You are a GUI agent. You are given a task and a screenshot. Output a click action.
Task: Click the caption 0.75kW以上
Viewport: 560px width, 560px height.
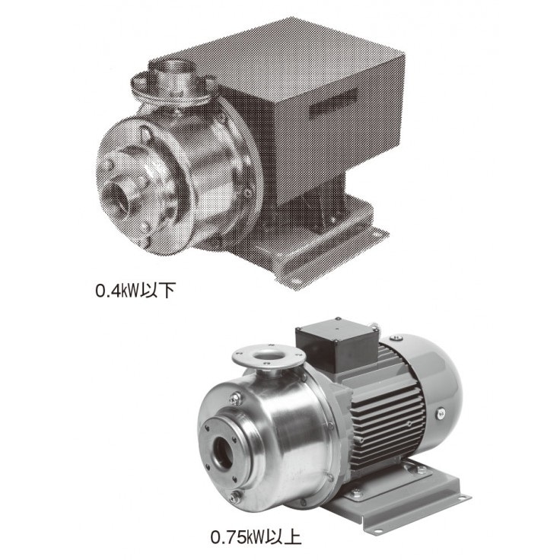point(256,538)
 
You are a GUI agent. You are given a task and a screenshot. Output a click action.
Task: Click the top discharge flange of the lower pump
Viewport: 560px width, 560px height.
point(269,358)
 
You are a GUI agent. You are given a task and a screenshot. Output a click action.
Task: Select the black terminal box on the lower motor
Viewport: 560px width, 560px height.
point(336,344)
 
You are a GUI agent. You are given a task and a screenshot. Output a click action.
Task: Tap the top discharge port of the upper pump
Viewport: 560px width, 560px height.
point(171,77)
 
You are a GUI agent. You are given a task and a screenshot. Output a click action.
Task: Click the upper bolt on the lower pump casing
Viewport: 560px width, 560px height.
point(236,398)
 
